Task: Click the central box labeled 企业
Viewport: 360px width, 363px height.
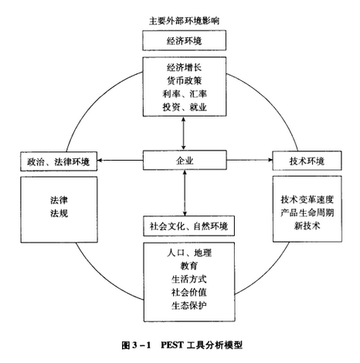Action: click(x=185, y=160)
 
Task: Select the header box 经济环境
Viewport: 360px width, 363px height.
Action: click(x=184, y=40)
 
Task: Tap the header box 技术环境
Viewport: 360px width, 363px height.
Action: click(x=307, y=161)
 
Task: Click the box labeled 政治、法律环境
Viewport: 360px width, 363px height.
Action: click(x=59, y=161)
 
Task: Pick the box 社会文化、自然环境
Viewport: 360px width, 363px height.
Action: click(x=188, y=226)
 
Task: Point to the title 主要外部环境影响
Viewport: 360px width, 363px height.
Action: click(x=184, y=21)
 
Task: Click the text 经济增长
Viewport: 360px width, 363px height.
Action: click(x=184, y=67)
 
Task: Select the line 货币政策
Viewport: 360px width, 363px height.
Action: click(x=184, y=80)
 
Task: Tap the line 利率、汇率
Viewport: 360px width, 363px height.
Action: click(x=185, y=93)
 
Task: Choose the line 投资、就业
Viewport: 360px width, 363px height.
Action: click(x=185, y=107)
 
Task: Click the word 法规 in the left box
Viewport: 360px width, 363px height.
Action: click(x=59, y=213)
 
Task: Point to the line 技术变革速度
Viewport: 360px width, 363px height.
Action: click(x=307, y=199)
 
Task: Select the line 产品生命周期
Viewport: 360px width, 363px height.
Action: click(x=307, y=212)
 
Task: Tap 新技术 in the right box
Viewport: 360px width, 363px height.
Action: click(x=307, y=226)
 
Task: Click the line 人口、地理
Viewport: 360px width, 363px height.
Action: click(x=189, y=253)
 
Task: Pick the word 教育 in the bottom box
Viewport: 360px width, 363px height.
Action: click(x=189, y=266)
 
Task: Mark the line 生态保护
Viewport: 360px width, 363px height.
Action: click(x=189, y=305)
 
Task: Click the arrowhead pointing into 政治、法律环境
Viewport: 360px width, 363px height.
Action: click(x=100, y=161)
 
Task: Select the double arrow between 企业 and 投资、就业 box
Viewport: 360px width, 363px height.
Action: click(x=183, y=133)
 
